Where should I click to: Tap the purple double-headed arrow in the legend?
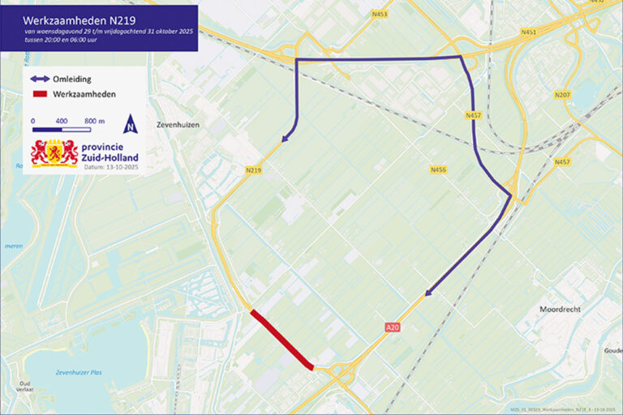[x=41, y=79]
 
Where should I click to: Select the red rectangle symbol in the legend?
[x=41, y=94]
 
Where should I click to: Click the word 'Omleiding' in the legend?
[x=72, y=79]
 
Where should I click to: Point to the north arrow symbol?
[x=130, y=124]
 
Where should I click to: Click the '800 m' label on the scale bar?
[x=94, y=120]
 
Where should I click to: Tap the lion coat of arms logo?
[x=54, y=152]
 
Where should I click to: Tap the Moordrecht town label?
[x=563, y=310]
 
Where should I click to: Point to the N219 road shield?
[x=252, y=169]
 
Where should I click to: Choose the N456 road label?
[x=438, y=169]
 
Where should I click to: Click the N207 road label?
[x=562, y=95]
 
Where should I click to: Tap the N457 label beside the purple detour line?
[x=474, y=116]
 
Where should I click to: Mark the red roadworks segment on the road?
[x=281, y=340]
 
